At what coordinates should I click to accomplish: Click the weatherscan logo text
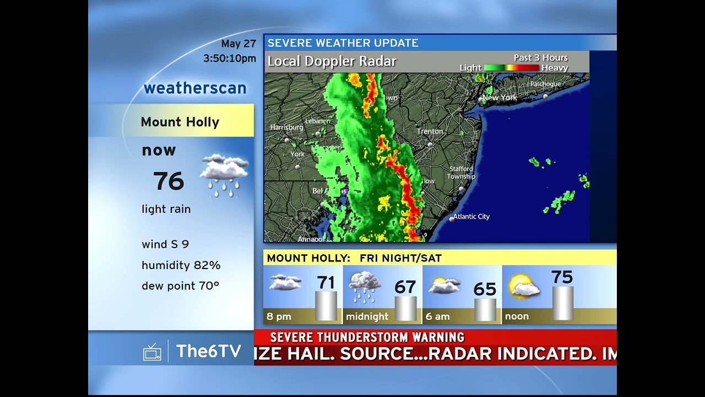click(195, 88)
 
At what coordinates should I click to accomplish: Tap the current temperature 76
click(169, 181)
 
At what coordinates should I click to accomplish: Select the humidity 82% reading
click(181, 265)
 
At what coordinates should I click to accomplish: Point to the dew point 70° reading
click(180, 286)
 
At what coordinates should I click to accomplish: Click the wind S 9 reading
click(165, 244)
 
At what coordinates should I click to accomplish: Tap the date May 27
click(238, 44)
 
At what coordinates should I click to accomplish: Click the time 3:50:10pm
click(230, 58)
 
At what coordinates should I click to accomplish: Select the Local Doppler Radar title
click(332, 61)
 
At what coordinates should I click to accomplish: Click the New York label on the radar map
click(500, 98)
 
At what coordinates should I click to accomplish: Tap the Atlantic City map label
click(471, 217)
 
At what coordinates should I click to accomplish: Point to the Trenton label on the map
click(430, 131)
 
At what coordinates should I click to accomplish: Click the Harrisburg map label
click(286, 127)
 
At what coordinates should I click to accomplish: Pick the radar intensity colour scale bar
click(511, 68)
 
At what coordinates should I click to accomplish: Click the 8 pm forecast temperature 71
click(326, 283)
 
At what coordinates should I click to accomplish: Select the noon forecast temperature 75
click(562, 277)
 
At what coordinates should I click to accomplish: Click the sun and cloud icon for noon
click(524, 287)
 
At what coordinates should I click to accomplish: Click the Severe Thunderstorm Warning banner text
click(367, 337)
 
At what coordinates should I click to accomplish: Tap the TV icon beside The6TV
click(152, 352)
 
